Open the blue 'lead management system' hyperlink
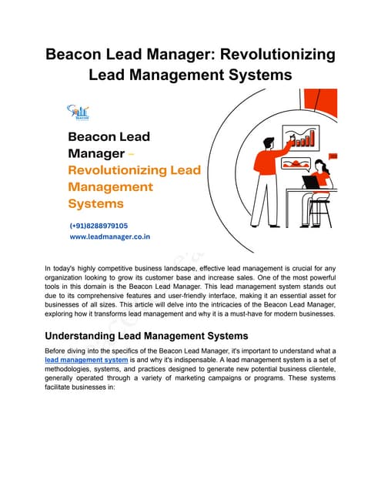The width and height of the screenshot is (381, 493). click(85, 360)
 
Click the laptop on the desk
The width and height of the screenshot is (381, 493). click(311, 182)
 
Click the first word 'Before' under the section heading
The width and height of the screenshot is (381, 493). click(57, 350)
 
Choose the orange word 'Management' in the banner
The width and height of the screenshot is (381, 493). click(110, 186)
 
